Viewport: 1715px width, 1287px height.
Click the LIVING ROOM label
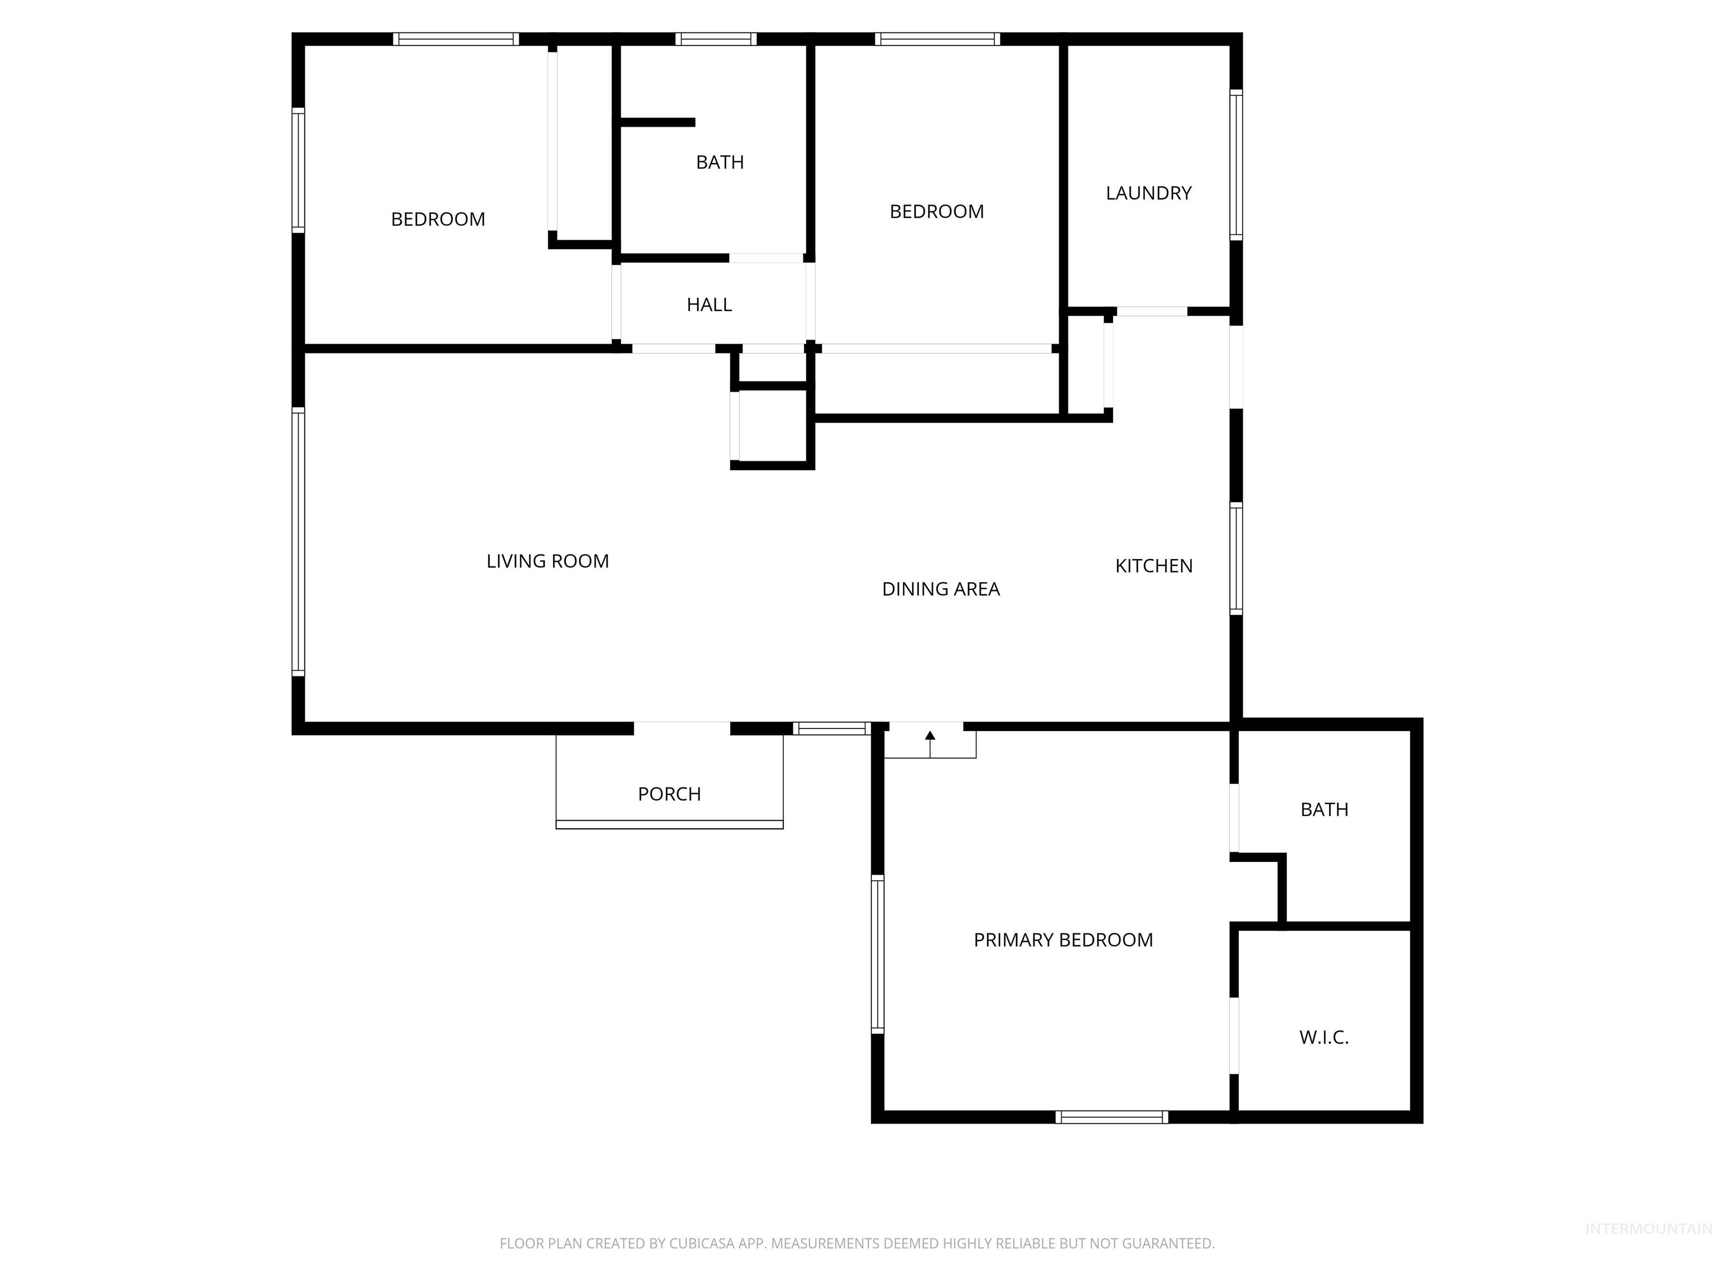click(547, 561)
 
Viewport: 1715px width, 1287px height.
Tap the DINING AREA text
click(941, 589)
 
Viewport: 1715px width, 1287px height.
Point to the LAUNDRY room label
click(1148, 193)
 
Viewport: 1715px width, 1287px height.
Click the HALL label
click(708, 305)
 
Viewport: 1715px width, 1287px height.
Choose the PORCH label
click(669, 794)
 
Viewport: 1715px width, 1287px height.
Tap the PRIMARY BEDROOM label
click(1063, 940)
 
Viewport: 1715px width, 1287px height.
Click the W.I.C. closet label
click(1324, 1038)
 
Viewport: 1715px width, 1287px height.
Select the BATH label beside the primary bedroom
click(1324, 810)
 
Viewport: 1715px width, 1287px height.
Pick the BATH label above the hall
click(720, 162)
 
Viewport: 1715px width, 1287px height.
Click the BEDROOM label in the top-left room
click(438, 220)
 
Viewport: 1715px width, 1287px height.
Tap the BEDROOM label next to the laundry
click(937, 212)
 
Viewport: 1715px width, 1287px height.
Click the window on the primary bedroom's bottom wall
click(1111, 1117)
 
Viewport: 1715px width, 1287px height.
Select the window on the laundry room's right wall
click(1236, 164)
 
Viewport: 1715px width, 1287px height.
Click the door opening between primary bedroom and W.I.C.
click(1234, 1035)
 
